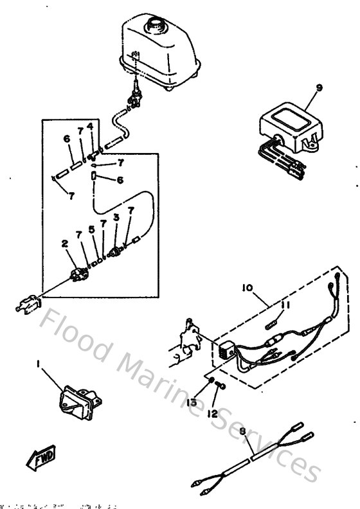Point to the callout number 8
click(242, 433)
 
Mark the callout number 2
click(64, 244)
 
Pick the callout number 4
click(90, 125)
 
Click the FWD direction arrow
click(39, 458)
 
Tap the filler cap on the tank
click(156, 24)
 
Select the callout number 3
click(116, 218)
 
